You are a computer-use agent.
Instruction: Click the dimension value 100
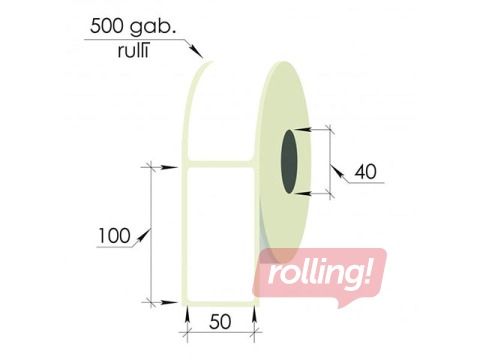tap(114, 236)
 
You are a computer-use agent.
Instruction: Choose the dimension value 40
tap(365, 172)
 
